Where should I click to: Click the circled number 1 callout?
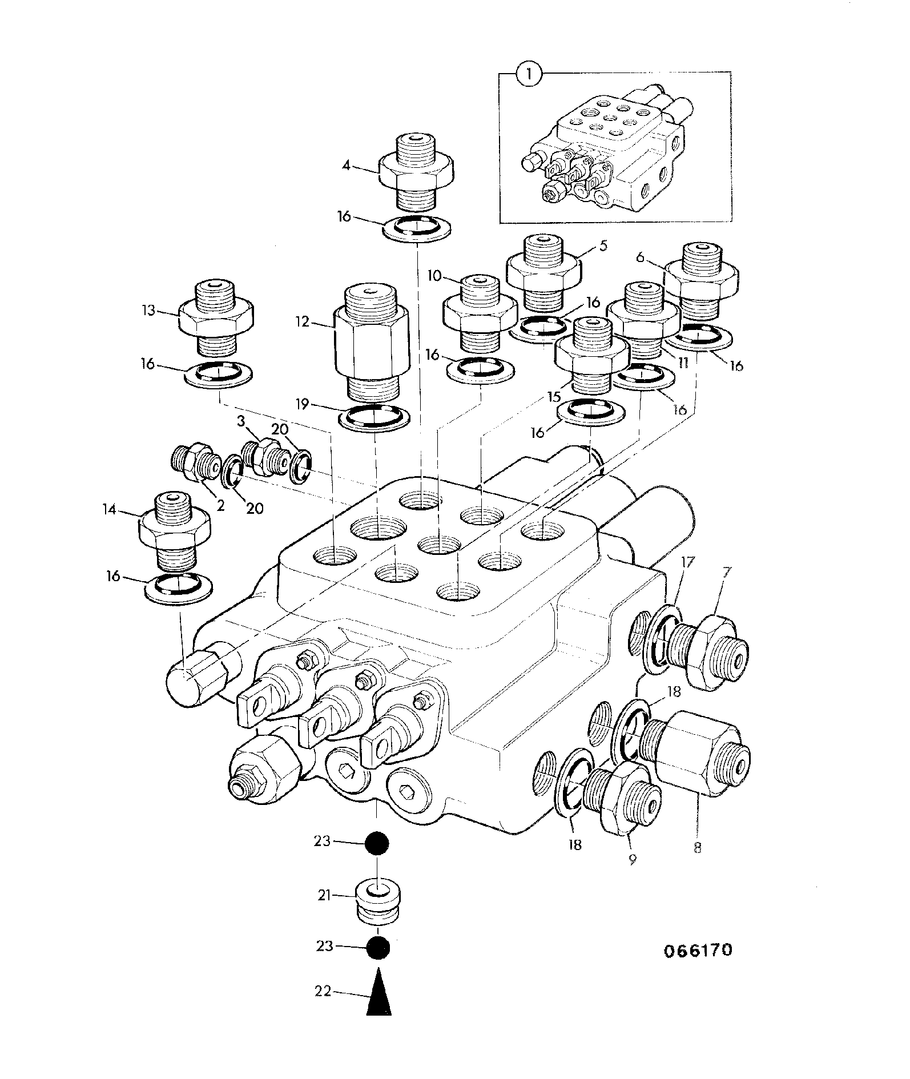coord(529,75)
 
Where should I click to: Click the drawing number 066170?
coord(698,951)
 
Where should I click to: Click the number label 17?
coord(687,562)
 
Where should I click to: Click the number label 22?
coord(323,992)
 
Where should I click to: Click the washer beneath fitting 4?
coord(416,228)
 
